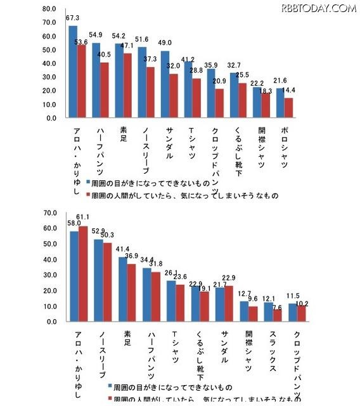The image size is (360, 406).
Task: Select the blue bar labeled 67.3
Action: click(x=73, y=72)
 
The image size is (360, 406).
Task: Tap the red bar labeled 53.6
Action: click(x=81, y=81)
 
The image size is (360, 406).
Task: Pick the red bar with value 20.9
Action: click(x=219, y=103)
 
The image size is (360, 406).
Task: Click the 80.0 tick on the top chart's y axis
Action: click(x=49, y=10)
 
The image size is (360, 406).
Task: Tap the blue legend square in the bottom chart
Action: click(x=110, y=386)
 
